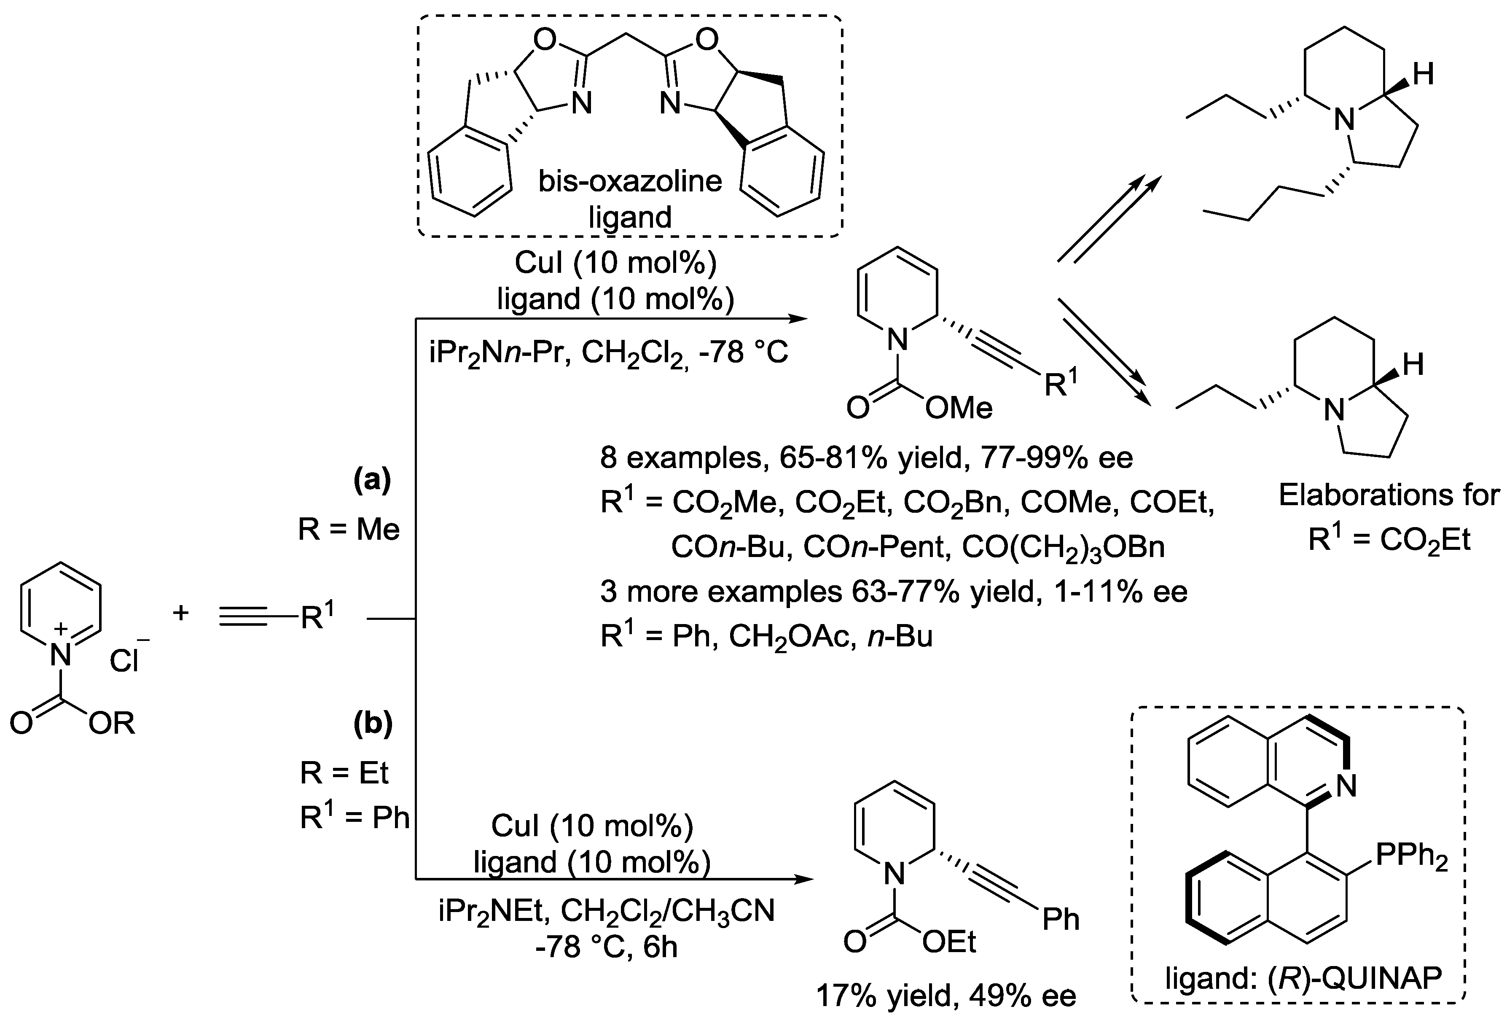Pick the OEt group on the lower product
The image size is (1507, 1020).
(949, 942)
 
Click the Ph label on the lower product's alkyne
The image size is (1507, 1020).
(1060, 919)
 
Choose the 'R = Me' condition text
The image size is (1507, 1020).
(349, 530)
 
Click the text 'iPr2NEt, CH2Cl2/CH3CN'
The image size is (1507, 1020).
(606, 911)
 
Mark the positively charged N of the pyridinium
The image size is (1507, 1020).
(60, 655)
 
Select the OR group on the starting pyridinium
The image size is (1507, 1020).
(112, 724)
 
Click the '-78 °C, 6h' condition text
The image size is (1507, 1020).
(606, 947)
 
